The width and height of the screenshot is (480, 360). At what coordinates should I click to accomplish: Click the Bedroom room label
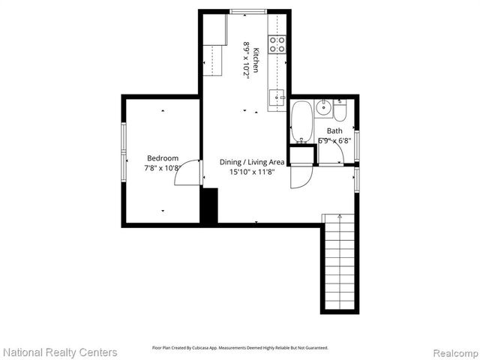pos(163,158)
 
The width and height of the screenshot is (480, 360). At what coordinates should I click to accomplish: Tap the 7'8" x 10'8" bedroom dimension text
pos(163,168)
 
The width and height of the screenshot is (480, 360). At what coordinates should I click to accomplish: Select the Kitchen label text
pos(256,59)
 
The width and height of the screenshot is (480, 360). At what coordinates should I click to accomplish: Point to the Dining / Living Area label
pos(252,162)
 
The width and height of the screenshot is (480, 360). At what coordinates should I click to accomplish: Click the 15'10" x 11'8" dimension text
pos(252,172)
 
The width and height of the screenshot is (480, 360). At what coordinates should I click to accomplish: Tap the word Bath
pos(334,131)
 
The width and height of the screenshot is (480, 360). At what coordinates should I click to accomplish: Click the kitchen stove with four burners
pos(277,43)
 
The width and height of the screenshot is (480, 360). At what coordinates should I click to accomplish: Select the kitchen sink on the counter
pos(277,96)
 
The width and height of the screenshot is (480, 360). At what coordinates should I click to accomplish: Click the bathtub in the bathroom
pos(301,121)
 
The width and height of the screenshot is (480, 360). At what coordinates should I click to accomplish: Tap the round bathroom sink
pos(323,108)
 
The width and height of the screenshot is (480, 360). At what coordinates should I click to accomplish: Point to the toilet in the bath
pos(340,111)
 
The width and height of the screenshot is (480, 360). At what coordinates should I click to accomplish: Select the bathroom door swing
pos(331,154)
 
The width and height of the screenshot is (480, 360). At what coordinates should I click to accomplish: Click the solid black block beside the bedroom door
pos(208,205)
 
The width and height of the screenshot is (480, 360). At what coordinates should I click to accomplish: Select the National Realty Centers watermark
pos(60,352)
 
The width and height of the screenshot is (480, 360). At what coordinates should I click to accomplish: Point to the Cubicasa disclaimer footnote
pos(240,348)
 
